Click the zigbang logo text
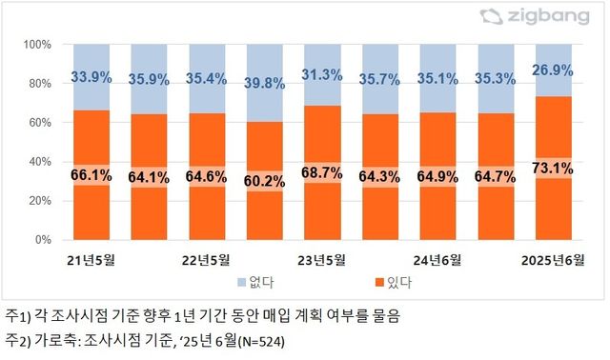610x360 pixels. (x=556, y=16)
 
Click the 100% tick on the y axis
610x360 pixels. (x=35, y=45)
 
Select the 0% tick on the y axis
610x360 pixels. (x=42, y=240)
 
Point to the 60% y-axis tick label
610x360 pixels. (x=38, y=123)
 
